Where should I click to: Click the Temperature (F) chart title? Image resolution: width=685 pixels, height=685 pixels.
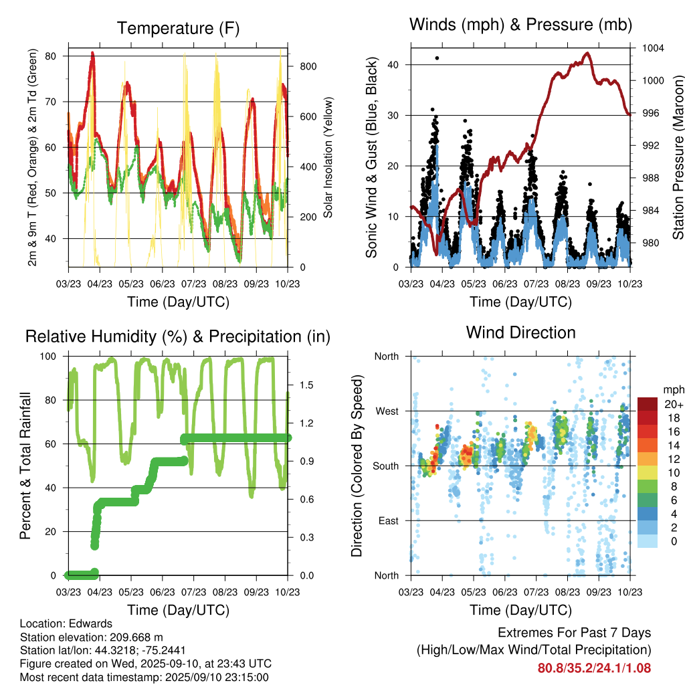point(178,28)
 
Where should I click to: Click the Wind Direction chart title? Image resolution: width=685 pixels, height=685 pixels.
point(520,332)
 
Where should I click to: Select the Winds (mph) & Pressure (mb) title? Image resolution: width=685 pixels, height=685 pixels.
point(520,25)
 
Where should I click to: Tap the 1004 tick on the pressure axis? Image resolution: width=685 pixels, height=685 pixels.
point(652,48)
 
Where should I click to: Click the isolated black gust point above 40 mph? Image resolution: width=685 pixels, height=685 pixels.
point(437,58)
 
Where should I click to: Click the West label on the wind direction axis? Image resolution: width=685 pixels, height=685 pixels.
point(386,411)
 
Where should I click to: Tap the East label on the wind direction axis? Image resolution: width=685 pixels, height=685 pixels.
point(387,520)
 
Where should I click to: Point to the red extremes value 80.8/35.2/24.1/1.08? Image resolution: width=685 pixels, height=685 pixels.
point(594,668)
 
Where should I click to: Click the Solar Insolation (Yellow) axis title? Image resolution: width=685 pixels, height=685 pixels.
point(328,158)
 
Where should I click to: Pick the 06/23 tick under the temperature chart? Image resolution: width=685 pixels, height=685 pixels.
point(162,283)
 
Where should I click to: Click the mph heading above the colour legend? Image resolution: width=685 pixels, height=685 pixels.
point(672,390)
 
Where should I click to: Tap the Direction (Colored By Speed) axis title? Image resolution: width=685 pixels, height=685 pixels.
point(357,466)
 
